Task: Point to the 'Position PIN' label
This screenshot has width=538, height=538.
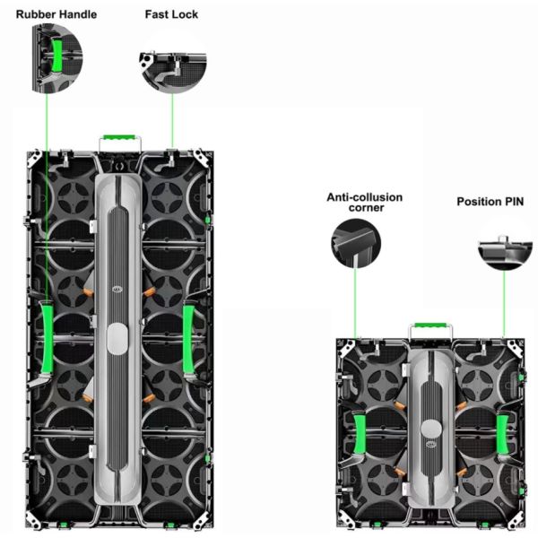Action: (x=487, y=202)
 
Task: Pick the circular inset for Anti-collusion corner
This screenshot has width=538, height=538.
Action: (x=356, y=245)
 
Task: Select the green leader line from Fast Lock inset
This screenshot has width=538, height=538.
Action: (x=172, y=117)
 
